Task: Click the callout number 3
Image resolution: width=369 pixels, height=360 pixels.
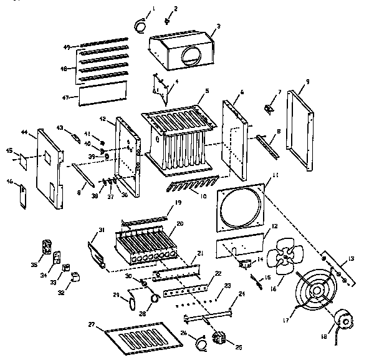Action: tap(218, 27)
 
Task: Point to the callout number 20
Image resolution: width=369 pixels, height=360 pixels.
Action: tap(180, 223)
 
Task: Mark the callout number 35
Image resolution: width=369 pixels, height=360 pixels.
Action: tap(34, 265)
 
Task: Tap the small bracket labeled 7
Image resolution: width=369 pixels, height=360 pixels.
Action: tap(271, 109)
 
